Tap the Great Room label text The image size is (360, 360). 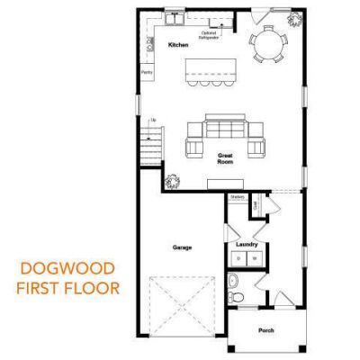[225, 159]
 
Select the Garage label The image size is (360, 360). [182, 246]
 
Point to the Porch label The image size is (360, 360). [265, 330]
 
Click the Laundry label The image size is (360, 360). [247, 244]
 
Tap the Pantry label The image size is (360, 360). [146, 72]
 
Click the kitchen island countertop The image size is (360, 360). [211, 68]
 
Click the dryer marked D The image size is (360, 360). [238, 258]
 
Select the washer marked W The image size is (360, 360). [254, 258]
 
